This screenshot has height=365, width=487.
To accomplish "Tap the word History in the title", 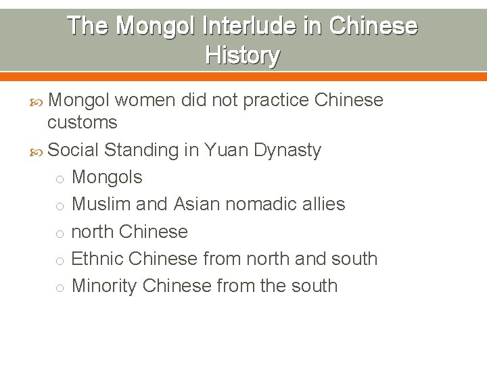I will tap(242, 55).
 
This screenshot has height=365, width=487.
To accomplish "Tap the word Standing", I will tap(142, 150).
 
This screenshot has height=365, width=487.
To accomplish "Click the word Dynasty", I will tap(287, 150).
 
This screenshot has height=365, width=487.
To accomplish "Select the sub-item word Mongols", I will tap(107, 178).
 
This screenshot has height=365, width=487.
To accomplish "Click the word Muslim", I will tap(101, 204).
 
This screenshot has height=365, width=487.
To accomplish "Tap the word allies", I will tap(324, 204).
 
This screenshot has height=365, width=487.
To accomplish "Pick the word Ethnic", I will tap(97, 259).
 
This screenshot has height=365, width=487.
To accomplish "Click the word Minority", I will tap(104, 286).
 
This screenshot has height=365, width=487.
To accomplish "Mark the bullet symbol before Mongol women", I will tap(40, 101).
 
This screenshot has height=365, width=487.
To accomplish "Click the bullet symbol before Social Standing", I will tap(40, 151).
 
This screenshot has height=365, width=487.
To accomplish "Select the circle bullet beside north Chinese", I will tap(60, 233).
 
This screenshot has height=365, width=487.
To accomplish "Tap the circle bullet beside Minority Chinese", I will tap(60, 288).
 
